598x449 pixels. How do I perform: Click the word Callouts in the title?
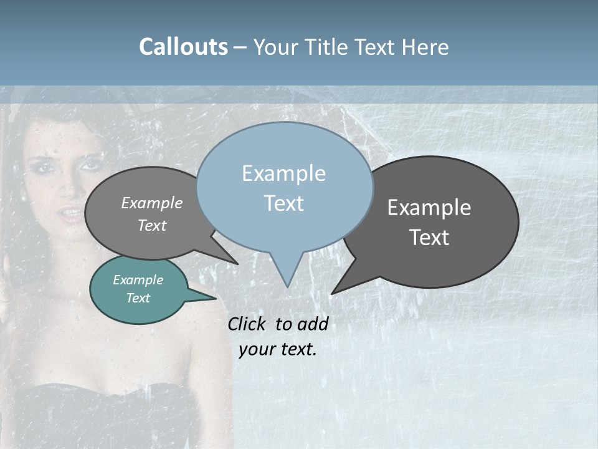[x=183, y=47]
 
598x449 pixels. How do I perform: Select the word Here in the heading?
[x=425, y=47]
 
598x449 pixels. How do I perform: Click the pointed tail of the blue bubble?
[x=287, y=278]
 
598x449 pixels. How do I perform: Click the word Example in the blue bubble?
[x=283, y=173]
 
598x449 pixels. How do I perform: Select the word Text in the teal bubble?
[x=138, y=298]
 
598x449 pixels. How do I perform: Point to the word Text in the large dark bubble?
[x=429, y=238]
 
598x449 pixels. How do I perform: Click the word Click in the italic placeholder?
[x=247, y=324]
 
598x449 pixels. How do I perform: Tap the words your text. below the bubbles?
[x=278, y=349]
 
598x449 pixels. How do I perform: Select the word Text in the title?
[x=376, y=47]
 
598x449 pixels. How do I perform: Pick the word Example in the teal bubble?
[x=138, y=280]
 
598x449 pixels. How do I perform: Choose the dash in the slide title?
[x=241, y=47]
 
